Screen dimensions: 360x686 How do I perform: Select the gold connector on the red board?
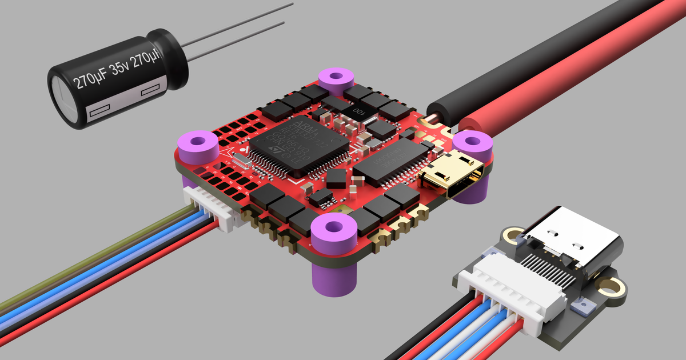(452, 174)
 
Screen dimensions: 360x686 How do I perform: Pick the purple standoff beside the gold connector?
(472, 143)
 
